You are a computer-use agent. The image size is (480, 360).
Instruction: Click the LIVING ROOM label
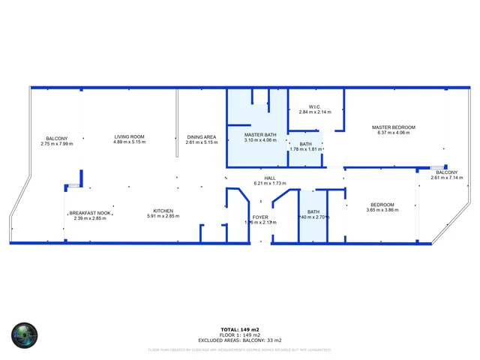pyautogui.click(x=130, y=136)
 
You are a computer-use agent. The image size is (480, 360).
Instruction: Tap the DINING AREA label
pyautogui.click(x=202, y=136)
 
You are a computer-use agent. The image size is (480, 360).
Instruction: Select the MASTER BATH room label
pyautogui.click(x=260, y=135)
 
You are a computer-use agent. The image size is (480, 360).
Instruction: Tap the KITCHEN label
pyautogui.click(x=163, y=211)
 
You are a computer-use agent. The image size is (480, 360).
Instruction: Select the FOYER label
pyautogui.click(x=260, y=218)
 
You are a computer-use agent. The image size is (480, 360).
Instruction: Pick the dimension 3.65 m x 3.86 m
pyautogui.click(x=382, y=210)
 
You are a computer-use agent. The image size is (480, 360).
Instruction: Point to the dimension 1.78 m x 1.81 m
pyautogui.click(x=306, y=148)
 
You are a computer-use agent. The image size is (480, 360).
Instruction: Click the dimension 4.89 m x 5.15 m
pyautogui.click(x=130, y=142)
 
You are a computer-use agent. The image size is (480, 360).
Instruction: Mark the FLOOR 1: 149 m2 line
pyautogui.click(x=240, y=335)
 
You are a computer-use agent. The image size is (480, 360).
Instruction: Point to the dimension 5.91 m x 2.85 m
pyautogui.click(x=163, y=216)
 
